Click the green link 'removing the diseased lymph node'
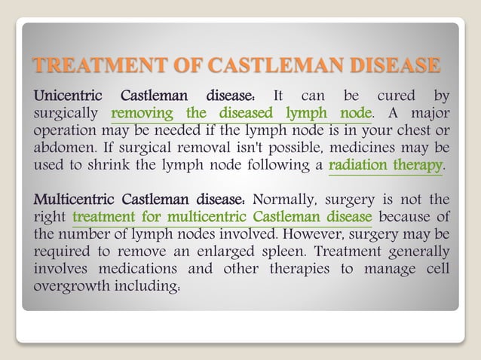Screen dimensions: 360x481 [x=241, y=114]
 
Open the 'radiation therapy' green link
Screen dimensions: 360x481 [x=385, y=164]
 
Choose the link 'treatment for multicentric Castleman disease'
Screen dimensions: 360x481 [x=222, y=218]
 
